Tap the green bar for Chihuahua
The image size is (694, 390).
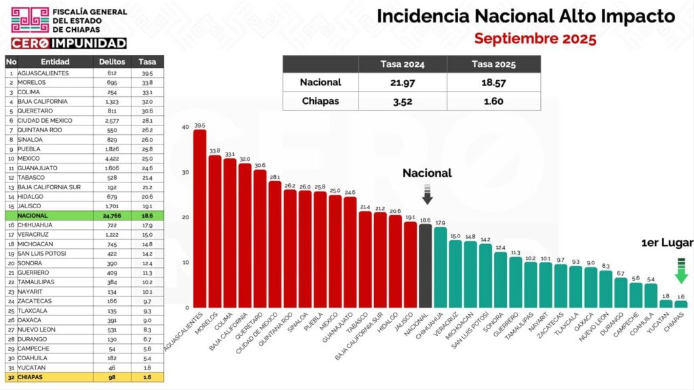click(441, 267)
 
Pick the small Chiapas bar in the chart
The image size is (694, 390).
click(681, 305)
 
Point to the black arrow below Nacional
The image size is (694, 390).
click(427, 195)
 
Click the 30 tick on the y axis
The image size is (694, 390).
click(185, 172)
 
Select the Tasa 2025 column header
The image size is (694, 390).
click(494, 64)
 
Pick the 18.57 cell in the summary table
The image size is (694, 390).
click(494, 83)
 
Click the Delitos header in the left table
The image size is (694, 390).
click(112, 62)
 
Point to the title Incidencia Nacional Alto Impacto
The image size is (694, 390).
click(525, 16)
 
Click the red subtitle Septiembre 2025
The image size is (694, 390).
click(535, 39)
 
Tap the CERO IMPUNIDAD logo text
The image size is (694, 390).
click(68, 43)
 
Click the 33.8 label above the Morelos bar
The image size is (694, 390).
click(214, 151)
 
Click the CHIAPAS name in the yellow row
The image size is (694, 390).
click(33, 376)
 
